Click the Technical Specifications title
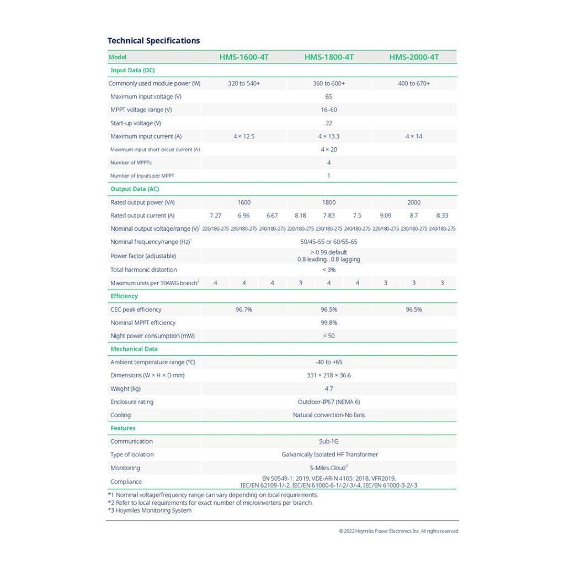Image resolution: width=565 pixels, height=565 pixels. click(x=153, y=41)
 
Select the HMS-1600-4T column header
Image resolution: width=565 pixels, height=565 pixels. click(x=244, y=57)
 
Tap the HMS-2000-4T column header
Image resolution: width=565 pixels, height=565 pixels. click(x=414, y=57)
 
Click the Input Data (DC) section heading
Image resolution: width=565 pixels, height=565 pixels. click(x=132, y=70)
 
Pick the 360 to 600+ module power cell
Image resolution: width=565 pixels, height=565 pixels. click(x=329, y=83)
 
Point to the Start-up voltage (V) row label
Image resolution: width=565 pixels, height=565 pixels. click(x=136, y=123)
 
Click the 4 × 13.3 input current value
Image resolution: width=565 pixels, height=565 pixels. click(x=329, y=136)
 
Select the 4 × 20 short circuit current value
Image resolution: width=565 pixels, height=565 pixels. click(x=329, y=150)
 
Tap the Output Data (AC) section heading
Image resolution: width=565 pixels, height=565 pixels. click(x=135, y=189)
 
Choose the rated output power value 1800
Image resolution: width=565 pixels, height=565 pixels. click(x=329, y=202)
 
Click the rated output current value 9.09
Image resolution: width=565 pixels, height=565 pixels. click(x=386, y=216)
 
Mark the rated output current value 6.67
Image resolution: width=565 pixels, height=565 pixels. click(x=272, y=216)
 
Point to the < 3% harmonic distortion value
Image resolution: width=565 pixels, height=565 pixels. click(x=329, y=270)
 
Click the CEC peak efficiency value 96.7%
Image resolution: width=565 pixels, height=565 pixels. click(x=244, y=310)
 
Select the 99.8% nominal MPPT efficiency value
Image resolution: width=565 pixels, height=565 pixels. click(x=329, y=323)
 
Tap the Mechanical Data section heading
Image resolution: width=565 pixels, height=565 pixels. click(x=134, y=349)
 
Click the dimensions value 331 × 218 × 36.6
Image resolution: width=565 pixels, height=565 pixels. click(x=329, y=375)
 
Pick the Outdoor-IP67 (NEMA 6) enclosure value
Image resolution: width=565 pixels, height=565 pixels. click(x=329, y=402)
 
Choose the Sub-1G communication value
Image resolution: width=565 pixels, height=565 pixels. click(x=329, y=441)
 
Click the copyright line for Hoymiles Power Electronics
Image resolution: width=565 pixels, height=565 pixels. click(x=399, y=531)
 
